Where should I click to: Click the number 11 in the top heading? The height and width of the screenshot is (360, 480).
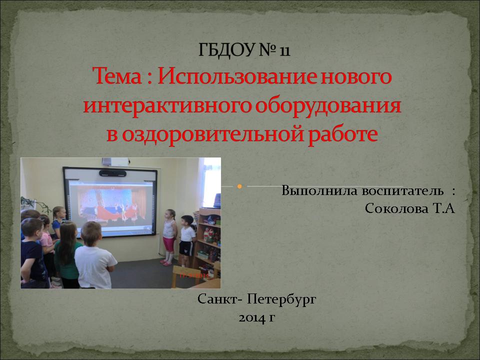click(x=284, y=50)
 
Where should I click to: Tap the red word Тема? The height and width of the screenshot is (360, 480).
click(x=117, y=76)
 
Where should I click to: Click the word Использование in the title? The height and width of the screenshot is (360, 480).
click(x=237, y=76)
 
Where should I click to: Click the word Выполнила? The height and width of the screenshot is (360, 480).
click(x=319, y=190)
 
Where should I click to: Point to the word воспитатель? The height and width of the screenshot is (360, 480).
click(x=402, y=190)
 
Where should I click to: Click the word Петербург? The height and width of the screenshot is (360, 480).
click(x=281, y=299)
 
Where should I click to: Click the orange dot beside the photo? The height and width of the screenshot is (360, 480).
click(x=239, y=186)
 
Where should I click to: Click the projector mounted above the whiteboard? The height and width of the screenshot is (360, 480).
click(x=115, y=161)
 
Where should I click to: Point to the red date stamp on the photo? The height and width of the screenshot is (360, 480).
click(x=194, y=275)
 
